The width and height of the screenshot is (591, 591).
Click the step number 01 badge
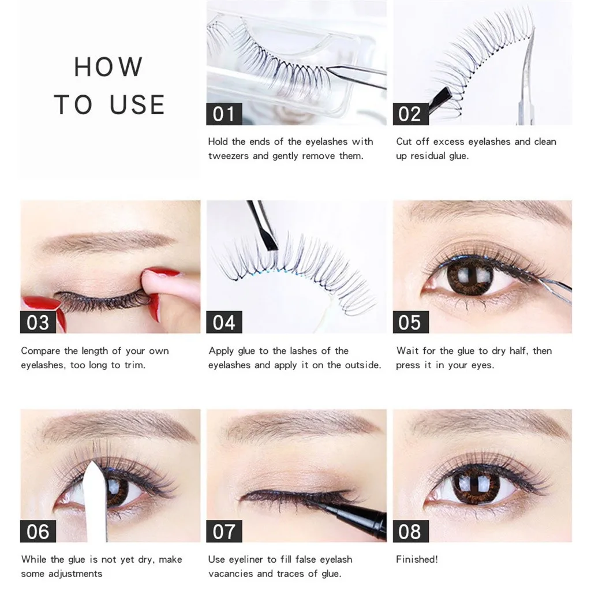224,114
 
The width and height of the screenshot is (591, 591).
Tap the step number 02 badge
410,114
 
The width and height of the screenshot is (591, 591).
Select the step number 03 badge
38,322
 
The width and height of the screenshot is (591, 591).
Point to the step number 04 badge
224,322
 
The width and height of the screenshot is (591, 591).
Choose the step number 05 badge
410,322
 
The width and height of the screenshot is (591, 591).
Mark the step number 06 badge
38,531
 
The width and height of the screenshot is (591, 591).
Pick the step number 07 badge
224,531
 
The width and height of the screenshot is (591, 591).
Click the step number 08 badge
410,531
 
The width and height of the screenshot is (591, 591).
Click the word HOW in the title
108,67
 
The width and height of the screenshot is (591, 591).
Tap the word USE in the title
137,104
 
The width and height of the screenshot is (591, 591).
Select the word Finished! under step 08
417,559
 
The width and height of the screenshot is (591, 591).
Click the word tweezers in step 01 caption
228,156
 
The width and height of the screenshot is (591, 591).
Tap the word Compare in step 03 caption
41,351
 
